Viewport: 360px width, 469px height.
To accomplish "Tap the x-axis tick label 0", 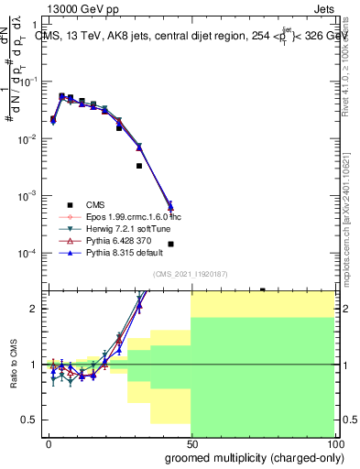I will click(49, 443).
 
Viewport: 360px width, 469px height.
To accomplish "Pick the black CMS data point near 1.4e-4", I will click(171, 244).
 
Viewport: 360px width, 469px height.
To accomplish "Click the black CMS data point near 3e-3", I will click(139, 166).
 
